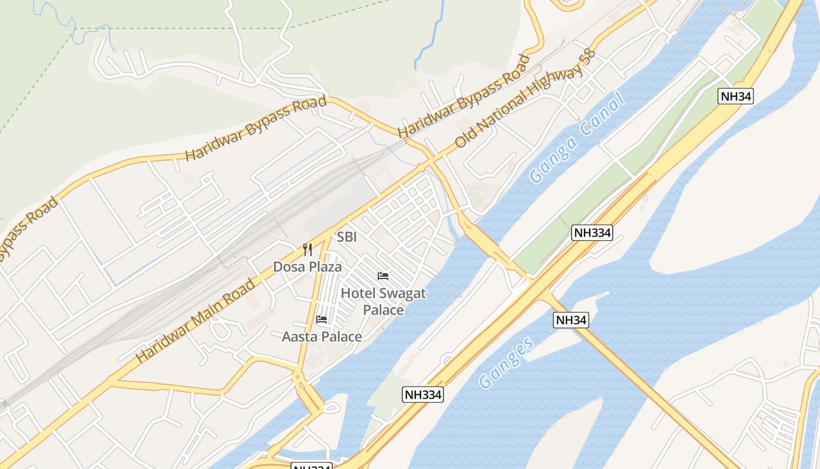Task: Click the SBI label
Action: [x=347, y=237]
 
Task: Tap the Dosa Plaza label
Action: [x=307, y=267]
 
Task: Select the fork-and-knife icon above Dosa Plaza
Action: [x=307, y=250]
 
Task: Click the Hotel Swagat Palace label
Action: [x=384, y=301]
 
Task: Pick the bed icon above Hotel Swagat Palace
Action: [x=383, y=276]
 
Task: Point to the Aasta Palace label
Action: [x=322, y=337]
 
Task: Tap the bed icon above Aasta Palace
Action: [x=322, y=320]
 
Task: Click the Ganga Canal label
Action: [x=577, y=138]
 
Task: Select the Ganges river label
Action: [x=507, y=363]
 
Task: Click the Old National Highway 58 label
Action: [x=525, y=98]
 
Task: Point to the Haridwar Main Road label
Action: [x=196, y=321]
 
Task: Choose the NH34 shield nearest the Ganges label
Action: [x=571, y=320]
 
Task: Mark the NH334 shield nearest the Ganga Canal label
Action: [x=592, y=233]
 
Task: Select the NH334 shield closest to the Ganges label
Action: [x=423, y=395]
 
